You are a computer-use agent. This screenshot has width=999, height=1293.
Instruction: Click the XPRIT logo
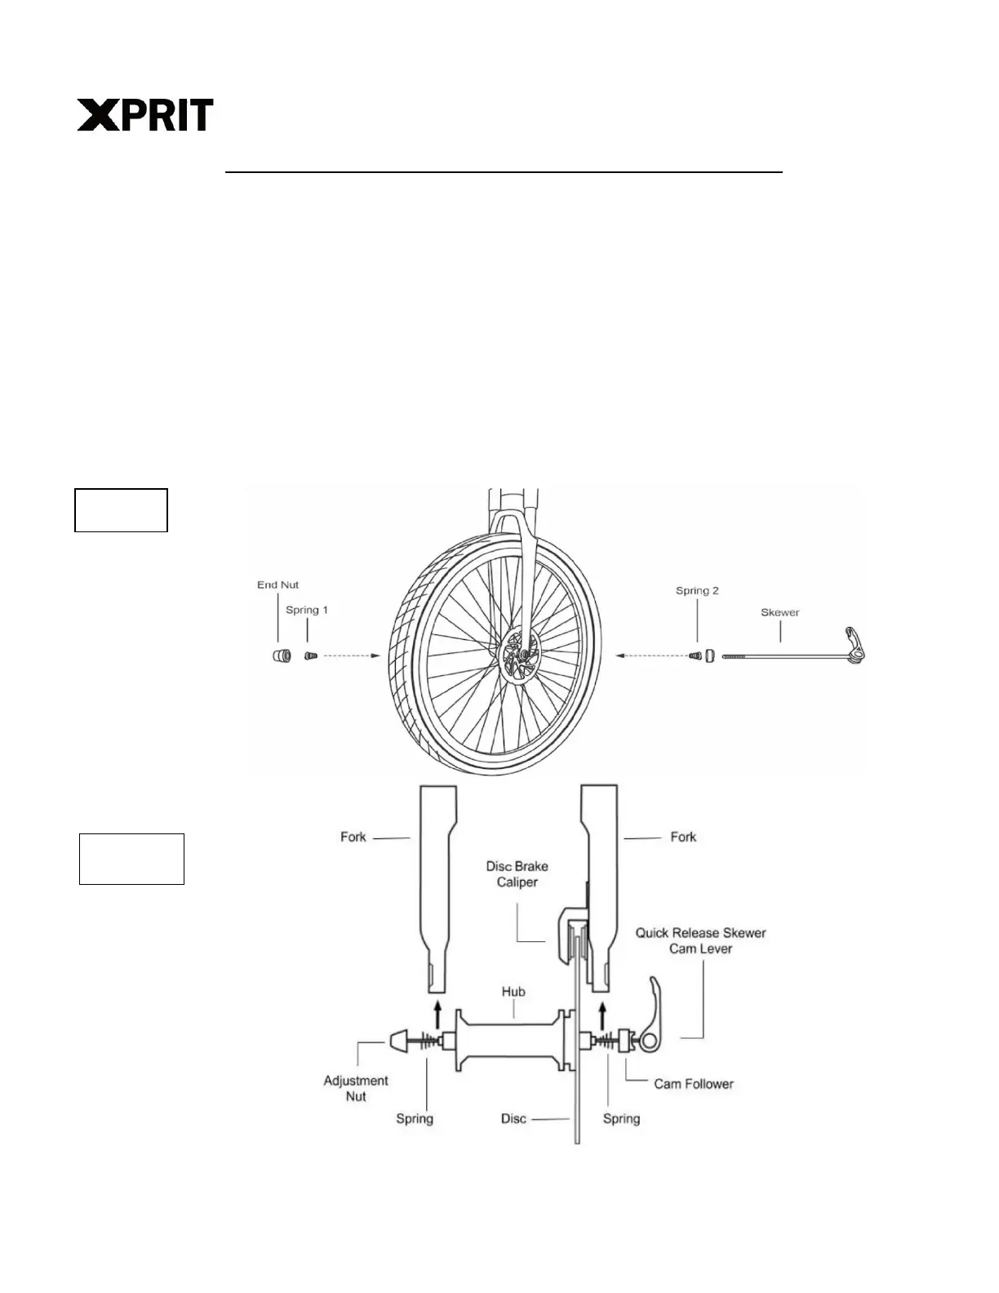point(145,115)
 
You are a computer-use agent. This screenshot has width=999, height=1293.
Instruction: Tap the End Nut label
point(277,585)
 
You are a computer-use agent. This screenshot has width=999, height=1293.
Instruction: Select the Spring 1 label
point(306,611)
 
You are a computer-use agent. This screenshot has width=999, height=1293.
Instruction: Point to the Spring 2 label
point(697,591)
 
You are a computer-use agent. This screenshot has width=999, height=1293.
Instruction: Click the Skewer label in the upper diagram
point(779,612)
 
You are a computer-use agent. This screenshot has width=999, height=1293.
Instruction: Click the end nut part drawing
point(282,655)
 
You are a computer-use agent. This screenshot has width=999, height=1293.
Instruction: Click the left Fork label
point(353,838)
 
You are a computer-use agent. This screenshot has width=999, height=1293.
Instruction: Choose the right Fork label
point(683,838)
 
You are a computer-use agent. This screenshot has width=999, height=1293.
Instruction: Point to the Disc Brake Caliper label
point(517,874)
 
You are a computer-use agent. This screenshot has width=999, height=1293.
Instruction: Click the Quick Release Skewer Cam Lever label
point(700,940)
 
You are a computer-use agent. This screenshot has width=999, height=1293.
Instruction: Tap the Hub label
point(513,992)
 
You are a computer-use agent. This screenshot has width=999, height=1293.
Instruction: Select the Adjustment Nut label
point(356,1089)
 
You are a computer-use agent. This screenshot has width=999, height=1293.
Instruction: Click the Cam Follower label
point(693,1084)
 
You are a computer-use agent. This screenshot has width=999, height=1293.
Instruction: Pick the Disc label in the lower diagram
point(513,1119)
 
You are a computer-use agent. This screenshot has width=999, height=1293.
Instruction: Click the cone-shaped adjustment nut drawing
point(397,1041)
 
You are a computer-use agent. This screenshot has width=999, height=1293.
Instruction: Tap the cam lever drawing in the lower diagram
point(655,1012)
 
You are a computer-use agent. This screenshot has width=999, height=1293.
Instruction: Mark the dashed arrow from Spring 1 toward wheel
point(350,655)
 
